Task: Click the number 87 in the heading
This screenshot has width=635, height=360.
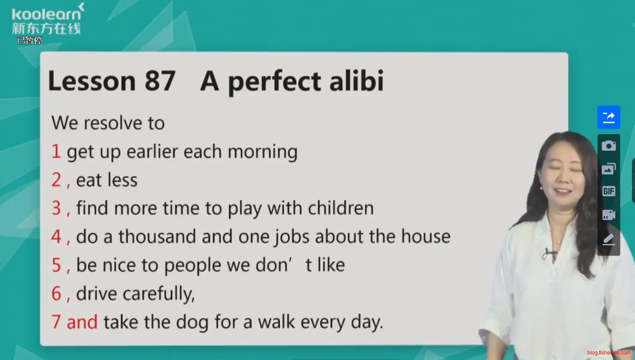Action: pyautogui.click(x=160, y=80)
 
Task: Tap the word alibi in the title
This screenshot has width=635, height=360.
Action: pyautogui.click(x=356, y=80)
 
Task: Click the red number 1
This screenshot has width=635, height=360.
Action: pyautogui.click(x=56, y=151)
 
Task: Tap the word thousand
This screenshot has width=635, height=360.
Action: pyautogui.click(x=157, y=236)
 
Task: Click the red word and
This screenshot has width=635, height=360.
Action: pyautogui.click(x=82, y=322)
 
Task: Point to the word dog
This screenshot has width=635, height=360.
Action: pyautogui.click(x=192, y=323)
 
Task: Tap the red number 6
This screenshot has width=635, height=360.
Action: pyautogui.click(x=56, y=293)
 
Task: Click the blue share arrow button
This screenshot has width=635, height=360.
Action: pyautogui.click(x=608, y=117)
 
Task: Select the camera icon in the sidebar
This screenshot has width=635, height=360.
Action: pyautogui.click(x=608, y=146)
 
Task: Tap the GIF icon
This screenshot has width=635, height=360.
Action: pyautogui.click(x=608, y=191)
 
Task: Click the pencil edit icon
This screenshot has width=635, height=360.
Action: pyautogui.click(x=608, y=239)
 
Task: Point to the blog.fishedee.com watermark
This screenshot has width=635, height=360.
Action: pyautogui.click(x=608, y=353)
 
